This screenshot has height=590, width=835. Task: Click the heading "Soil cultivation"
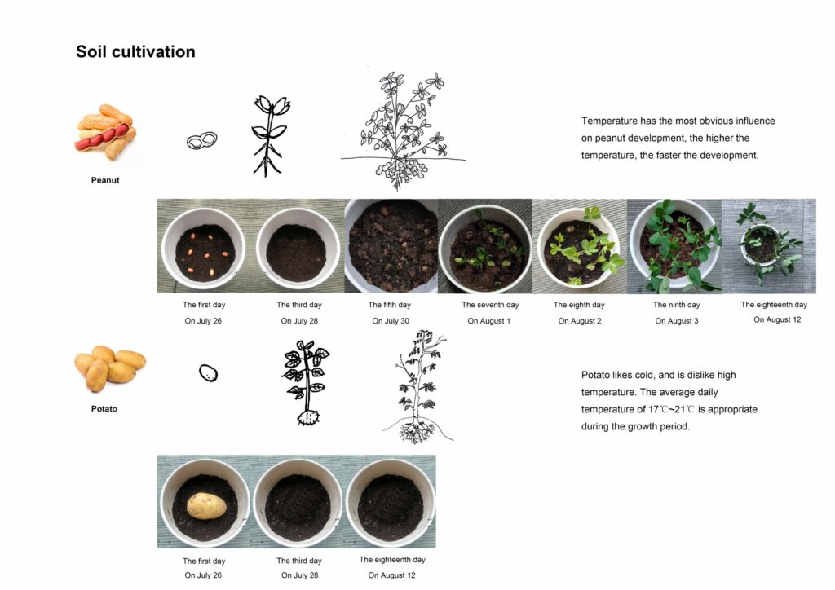(x=135, y=51)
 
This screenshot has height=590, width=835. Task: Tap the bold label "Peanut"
(x=105, y=180)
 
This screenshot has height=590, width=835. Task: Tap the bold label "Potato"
(x=104, y=408)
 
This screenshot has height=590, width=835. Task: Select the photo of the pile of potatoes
(x=110, y=368)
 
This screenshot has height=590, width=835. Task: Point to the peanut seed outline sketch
(x=202, y=141)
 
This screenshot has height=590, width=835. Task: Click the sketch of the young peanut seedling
(x=270, y=135)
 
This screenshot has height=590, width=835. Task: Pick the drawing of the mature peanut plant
(x=403, y=130)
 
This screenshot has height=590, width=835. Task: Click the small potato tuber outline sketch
(x=208, y=373)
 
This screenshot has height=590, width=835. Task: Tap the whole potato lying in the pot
(x=206, y=506)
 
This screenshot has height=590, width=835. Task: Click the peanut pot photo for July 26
(x=203, y=246)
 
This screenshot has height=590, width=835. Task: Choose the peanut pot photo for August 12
(x=768, y=246)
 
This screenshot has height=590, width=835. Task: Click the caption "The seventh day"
(x=490, y=305)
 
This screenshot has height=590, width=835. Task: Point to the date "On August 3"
(x=676, y=321)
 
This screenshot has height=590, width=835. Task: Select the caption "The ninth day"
(x=676, y=305)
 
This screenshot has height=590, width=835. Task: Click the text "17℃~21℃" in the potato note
(x=671, y=409)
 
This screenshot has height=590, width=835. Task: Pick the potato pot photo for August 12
(x=391, y=502)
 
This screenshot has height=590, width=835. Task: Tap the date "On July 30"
(x=391, y=321)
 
